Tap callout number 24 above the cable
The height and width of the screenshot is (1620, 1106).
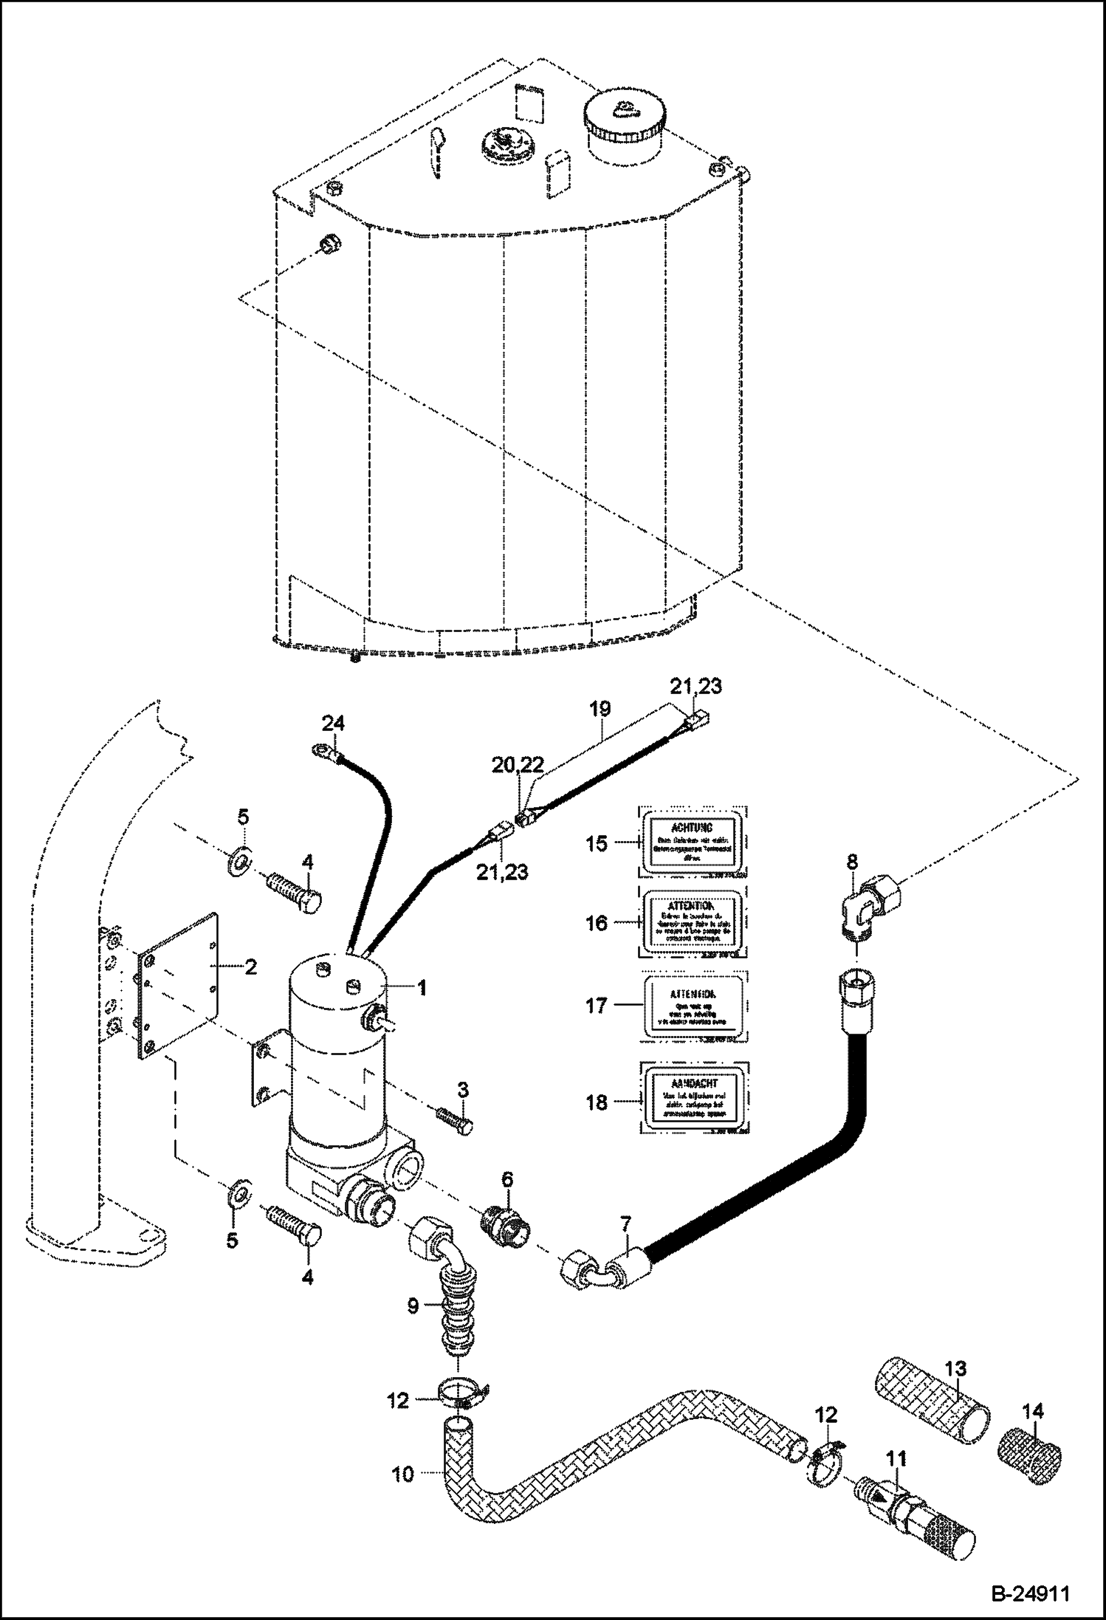tap(332, 722)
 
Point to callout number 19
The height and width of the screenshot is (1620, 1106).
tap(600, 710)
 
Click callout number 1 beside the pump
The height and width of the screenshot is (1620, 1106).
tap(422, 988)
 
